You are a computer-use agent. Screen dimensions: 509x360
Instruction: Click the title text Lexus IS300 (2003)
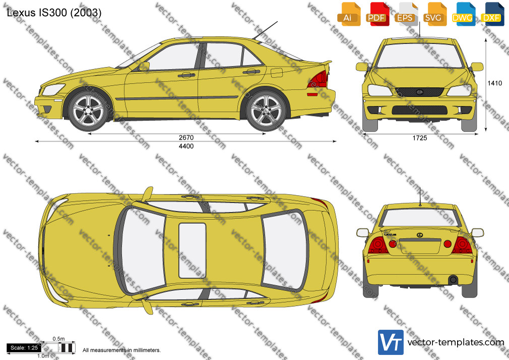(54, 13)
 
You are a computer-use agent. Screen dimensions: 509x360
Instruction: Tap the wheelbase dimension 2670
(186, 138)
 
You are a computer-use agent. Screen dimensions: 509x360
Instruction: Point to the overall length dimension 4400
(186, 146)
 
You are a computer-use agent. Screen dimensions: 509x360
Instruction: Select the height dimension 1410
(495, 83)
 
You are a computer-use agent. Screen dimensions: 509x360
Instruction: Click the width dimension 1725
(420, 138)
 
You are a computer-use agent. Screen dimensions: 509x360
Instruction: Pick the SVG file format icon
(434, 14)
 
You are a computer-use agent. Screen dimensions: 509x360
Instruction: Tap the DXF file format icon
(491, 14)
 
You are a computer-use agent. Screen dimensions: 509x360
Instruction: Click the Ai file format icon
(348, 14)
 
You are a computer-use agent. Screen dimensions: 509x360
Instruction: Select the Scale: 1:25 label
(24, 348)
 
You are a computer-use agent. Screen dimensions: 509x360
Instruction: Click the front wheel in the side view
(88, 110)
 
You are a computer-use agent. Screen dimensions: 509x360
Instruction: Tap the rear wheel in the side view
(266, 110)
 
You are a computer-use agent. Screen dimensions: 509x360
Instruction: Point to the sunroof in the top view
(193, 251)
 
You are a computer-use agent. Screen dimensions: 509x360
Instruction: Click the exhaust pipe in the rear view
(453, 279)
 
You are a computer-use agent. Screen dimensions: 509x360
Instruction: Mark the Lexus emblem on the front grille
(419, 92)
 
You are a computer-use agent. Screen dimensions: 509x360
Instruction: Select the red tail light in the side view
(318, 79)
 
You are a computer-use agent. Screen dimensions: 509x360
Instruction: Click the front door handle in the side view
(186, 76)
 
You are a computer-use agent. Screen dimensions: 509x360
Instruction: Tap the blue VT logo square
(391, 342)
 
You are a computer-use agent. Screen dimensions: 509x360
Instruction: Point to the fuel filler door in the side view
(277, 72)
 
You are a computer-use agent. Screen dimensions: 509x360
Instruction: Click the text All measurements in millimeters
(122, 350)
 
